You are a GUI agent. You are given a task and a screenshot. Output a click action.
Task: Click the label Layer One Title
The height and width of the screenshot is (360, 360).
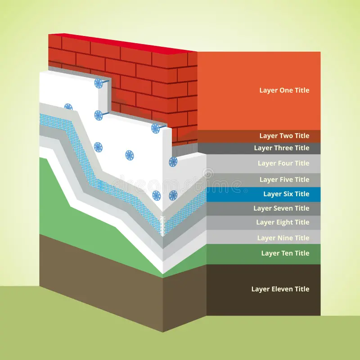tap(284, 90)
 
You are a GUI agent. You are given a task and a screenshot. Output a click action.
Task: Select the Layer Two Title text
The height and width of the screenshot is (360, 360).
tap(284, 136)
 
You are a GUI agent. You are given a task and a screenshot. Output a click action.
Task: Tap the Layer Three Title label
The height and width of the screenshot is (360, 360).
tap(282, 148)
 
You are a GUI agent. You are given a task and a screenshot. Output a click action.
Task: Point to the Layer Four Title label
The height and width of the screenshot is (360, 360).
tap(283, 163)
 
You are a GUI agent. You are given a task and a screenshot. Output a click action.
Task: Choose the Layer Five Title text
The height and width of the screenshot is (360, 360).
tap(284, 180)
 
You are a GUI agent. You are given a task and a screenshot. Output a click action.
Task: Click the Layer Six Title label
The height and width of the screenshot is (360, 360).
tap(286, 194)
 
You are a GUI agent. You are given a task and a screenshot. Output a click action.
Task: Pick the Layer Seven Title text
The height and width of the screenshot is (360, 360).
tap(281, 208)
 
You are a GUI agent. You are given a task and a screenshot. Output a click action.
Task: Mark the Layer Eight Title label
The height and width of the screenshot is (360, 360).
tap(283, 222)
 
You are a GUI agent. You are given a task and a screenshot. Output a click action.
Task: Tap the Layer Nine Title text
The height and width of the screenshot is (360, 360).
tap(283, 238)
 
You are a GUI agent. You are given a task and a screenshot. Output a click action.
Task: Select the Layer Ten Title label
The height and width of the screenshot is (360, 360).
tap(285, 253)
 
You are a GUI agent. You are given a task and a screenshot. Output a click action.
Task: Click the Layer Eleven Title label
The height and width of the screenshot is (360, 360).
tap(280, 289)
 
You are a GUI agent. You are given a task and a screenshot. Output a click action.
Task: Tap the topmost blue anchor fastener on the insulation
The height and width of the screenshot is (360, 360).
tap(99, 83)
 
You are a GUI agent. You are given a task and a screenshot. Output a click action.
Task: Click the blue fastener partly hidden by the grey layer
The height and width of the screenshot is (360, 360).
tap(68, 107)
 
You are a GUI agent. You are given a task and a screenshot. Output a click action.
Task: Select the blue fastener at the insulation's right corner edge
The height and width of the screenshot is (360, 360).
tap(173, 162)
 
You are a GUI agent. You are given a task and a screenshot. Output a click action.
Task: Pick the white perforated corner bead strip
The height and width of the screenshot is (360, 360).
tap(163, 226)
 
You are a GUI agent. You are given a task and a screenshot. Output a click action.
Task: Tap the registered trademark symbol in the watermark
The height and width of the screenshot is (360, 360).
tap(245, 190)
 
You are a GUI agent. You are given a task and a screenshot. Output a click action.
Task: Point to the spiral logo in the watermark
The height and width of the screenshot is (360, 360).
tap(208, 173)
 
